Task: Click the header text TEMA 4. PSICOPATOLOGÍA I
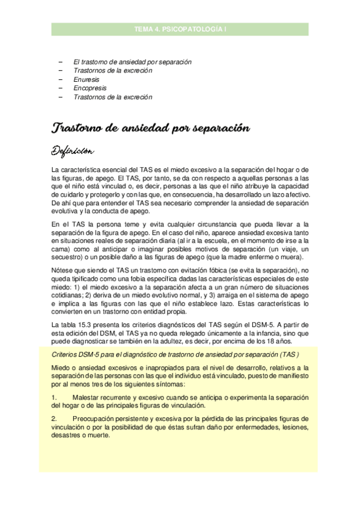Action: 180,28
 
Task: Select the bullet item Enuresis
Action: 86,79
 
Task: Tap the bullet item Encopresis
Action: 90,88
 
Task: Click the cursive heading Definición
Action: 76,149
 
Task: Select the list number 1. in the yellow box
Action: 55,398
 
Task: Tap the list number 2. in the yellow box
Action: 55,419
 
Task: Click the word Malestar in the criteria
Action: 87,398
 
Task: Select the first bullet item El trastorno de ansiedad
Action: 132,61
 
